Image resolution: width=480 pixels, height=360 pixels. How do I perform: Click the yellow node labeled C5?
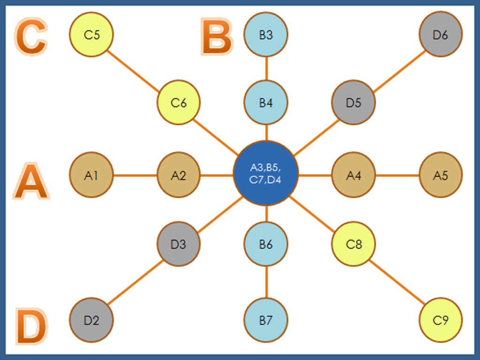[x=91, y=34]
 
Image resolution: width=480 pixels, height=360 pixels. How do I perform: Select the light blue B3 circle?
[x=266, y=34]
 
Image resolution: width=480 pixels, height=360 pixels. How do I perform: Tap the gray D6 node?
[x=440, y=34]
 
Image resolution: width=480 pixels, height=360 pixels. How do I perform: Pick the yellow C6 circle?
[x=178, y=103]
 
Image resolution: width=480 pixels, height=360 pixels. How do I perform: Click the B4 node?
[x=266, y=103]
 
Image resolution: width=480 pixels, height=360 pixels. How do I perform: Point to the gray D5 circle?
[x=353, y=103]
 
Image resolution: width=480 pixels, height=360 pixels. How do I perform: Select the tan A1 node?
[x=91, y=175]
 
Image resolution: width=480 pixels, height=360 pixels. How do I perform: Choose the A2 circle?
[x=178, y=175]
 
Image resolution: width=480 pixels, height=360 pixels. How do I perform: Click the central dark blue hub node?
[x=266, y=173]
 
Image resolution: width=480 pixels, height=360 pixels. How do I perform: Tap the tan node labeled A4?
[x=353, y=175]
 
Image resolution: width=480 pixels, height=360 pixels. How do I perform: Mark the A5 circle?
[x=440, y=175]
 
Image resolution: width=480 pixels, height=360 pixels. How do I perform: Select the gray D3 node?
[x=178, y=244]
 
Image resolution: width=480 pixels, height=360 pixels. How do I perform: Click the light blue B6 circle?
[x=266, y=244]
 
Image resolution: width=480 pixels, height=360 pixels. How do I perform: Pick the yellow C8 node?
[x=353, y=244]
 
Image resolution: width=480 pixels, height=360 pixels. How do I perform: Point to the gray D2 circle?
[x=91, y=321]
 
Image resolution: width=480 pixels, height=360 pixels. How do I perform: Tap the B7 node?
[x=266, y=321]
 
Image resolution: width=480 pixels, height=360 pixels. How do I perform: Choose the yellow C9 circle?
[x=440, y=321]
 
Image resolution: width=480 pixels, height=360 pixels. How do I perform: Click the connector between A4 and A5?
[x=396, y=176]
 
